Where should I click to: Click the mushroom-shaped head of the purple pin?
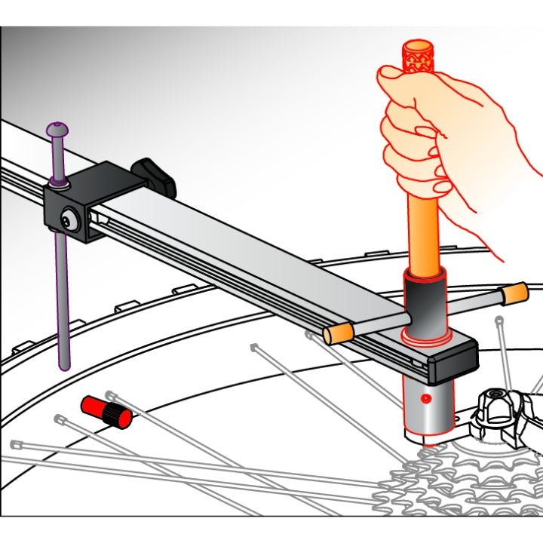click(x=57, y=130)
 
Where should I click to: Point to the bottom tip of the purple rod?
click(x=65, y=366)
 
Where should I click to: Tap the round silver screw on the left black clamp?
click(x=69, y=220)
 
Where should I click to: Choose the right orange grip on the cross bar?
click(x=514, y=291)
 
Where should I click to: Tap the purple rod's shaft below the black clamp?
click(x=63, y=302)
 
